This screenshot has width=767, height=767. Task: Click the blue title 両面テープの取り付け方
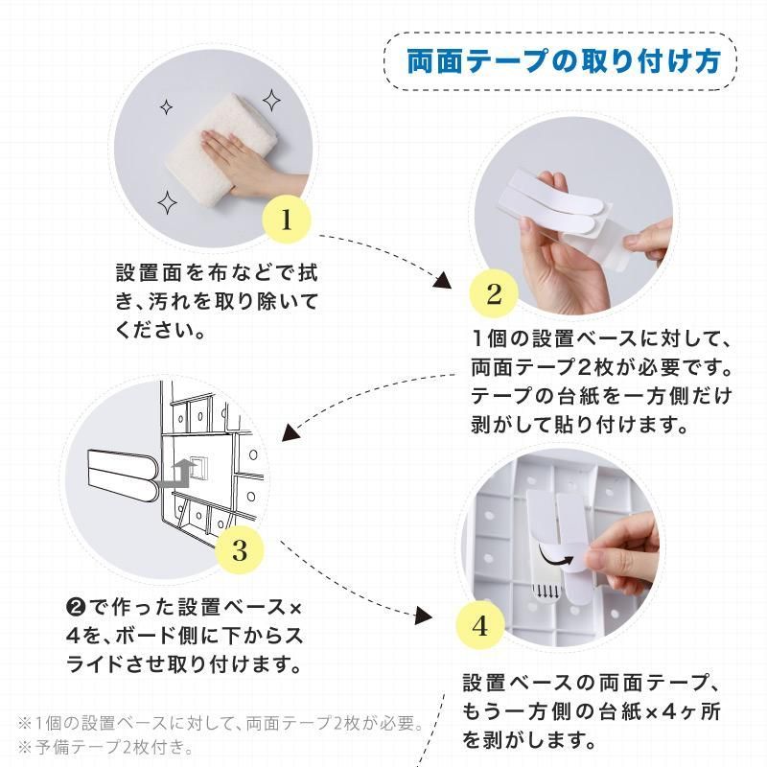click(x=564, y=61)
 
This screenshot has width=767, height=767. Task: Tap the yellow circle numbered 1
click(x=287, y=220)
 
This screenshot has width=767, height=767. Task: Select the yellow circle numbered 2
click(x=494, y=293)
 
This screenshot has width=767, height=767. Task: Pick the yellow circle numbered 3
click(x=239, y=549)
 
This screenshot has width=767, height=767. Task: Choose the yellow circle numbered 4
click(x=480, y=625)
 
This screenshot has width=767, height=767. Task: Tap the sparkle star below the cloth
click(x=167, y=202)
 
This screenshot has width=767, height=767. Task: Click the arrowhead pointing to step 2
click(x=443, y=281)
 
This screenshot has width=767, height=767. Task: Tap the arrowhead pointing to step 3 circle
click(x=291, y=433)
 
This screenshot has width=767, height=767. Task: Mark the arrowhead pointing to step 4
click(x=424, y=615)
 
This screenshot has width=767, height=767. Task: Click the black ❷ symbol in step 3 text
click(x=77, y=608)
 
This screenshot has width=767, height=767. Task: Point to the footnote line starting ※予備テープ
click(x=105, y=747)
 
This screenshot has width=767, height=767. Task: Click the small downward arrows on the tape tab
click(x=546, y=593)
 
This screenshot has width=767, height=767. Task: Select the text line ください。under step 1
click(x=160, y=330)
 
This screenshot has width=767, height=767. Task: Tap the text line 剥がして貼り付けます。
click(x=580, y=424)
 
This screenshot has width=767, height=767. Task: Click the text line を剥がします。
click(x=530, y=740)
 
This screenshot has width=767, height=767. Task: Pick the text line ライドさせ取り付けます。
click(x=184, y=664)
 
